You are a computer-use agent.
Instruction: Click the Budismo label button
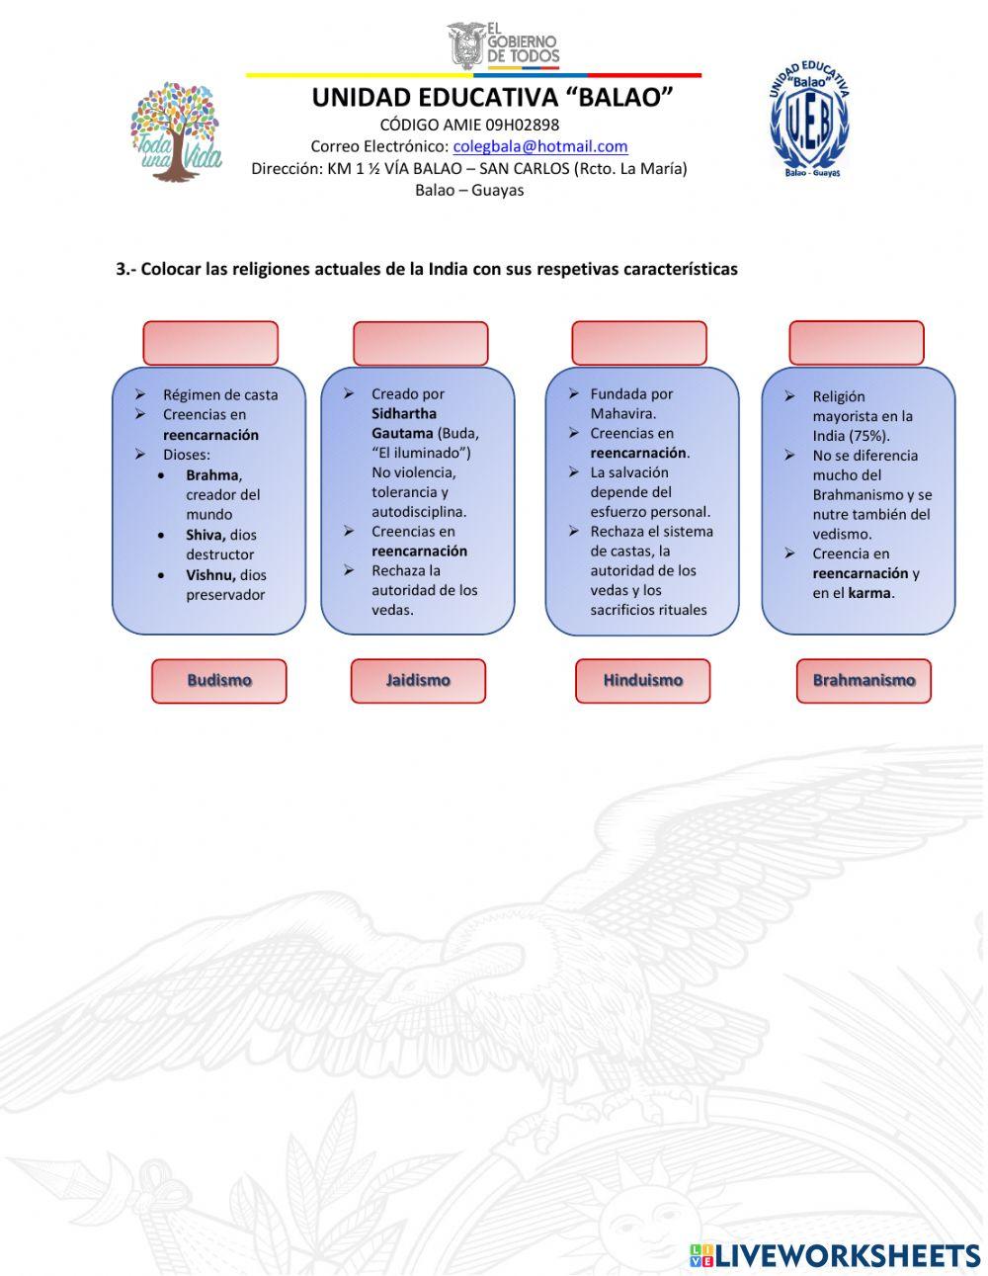(x=218, y=681)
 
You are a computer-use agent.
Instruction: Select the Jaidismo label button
(x=418, y=681)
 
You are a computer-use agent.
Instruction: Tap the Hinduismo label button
(x=642, y=681)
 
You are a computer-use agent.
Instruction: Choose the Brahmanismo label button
(x=864, y=681)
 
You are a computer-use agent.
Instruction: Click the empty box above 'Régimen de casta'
(x=210, y=343)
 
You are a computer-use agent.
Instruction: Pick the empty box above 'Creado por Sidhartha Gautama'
(x=420, y=343)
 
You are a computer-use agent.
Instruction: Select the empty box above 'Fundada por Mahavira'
(x=639, y=343)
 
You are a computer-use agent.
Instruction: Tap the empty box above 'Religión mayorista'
(x=856, y=343)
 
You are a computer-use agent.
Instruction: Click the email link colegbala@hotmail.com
(x=540, y=146)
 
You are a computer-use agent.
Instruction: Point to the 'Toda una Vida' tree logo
(x=176, y=131)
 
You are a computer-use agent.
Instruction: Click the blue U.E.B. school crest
(x=810, y=121)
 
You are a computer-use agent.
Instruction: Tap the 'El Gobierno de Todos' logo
(x=504, y=45)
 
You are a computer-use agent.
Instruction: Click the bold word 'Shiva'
(x=205, y=535)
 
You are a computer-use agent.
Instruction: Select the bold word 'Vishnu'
(x=210, y=575)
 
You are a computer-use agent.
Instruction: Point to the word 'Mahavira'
(x=622, y=414)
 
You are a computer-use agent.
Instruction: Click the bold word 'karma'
(x=868, y=593)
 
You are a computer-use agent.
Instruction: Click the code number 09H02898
(x=521, y=125)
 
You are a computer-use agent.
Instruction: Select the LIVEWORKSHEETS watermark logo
(x=835, y=1255)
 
